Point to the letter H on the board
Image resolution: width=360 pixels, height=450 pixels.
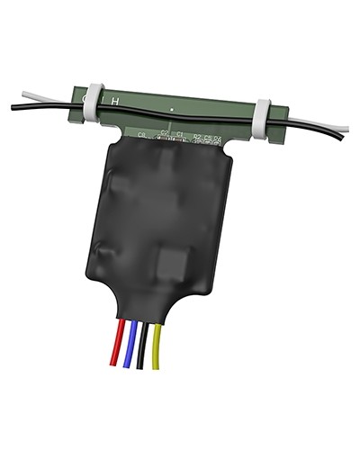click(113, 101)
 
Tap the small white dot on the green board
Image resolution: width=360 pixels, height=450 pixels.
click(172, 110)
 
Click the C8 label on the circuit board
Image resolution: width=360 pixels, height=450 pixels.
click(142, 135)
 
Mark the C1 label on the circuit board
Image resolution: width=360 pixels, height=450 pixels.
click(180, 135)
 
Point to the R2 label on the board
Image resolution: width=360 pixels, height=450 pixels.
click(197, 136)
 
